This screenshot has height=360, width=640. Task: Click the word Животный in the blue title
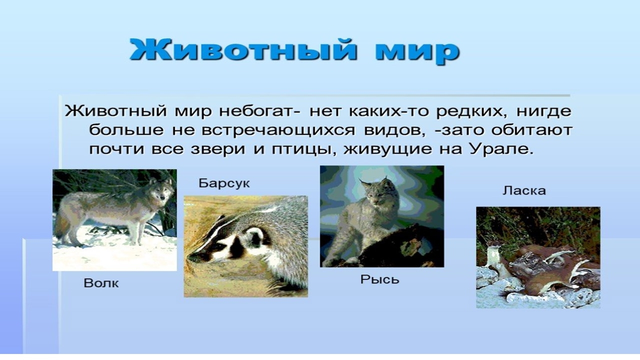pyautogui.click(x=243, y=51)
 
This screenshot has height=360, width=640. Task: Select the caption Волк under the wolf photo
pyautogui.click(x=101, y=283)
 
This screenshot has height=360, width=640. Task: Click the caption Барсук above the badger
pyautogui.click(x=224, y=183)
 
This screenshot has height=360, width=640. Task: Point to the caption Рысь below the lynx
pyautogui.click(x=379, y=279)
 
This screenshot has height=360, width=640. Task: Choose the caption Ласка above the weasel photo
pyautogui.click(x=524, y=190)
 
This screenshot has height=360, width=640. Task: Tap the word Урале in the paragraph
pyautogui.click(x=502, y=149)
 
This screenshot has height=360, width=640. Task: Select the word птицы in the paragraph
pyautogui.click(x=303, y=149)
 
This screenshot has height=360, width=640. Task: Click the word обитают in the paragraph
pyautogui.click(x=531, y=130)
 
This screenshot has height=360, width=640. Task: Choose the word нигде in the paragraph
pyautogui.click(x=544, y=111)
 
